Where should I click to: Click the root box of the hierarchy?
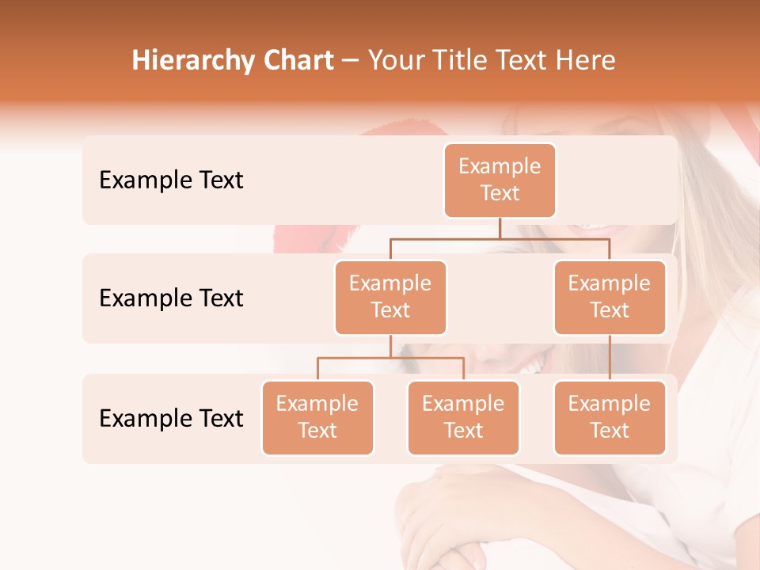(x=500, y=180)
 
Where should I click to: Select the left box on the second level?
(x=390, y=297)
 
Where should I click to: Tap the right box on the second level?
(x=610, y=297)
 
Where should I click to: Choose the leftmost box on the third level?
(x=317, y=417)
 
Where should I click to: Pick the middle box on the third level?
(x=463, y=417)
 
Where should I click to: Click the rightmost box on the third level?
(x=610, y=417)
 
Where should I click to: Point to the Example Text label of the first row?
(x=171, y=180)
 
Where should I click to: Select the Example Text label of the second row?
(x=171, y=298)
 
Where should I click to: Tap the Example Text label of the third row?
(x=171, y=418)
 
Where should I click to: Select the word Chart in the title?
(x=299, y=61)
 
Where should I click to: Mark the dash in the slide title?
(x=351, y=62)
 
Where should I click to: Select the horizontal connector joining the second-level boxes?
(x=500, y=238)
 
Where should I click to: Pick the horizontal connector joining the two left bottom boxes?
(x=390, y=358)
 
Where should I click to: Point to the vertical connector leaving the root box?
(x=500, y=228)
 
